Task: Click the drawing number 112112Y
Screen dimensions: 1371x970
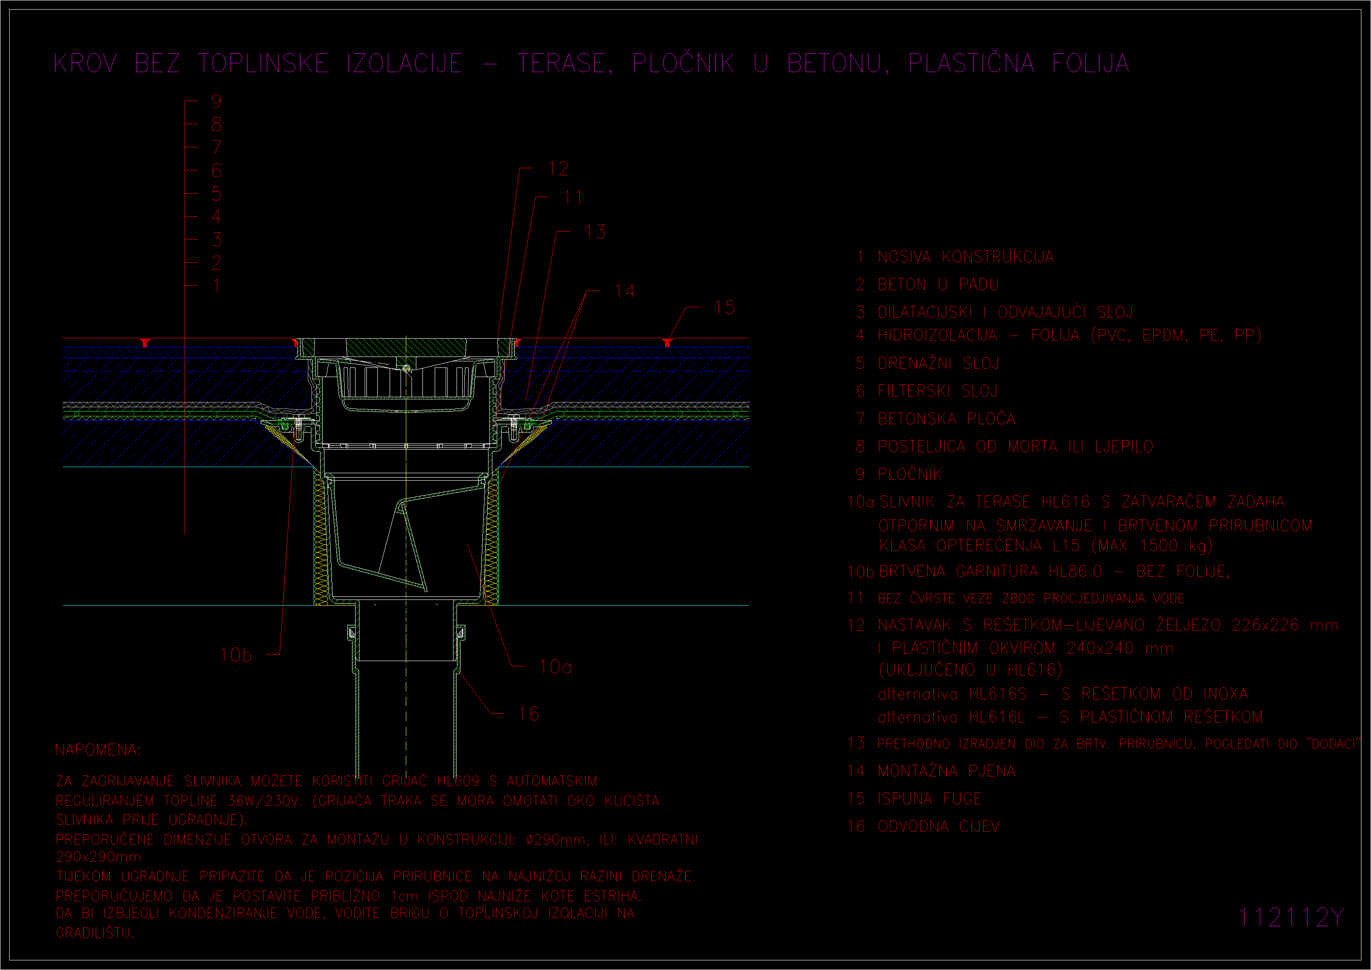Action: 1291,917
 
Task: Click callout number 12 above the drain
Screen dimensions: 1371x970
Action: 558,169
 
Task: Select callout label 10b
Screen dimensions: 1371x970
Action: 235,655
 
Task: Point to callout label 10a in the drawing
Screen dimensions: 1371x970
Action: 555,667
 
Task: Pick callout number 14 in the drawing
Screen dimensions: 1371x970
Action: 624,291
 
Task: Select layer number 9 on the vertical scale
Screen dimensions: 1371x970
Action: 216,101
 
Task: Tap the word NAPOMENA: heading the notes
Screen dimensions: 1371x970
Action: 98,750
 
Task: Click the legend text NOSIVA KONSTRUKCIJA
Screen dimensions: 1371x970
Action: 965,257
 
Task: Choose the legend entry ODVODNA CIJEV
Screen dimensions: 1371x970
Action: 938,826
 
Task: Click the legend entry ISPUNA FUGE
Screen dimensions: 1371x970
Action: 929,799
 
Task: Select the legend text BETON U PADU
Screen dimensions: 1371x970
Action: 938,284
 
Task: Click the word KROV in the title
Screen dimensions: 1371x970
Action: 85,63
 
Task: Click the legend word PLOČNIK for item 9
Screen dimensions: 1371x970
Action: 910,474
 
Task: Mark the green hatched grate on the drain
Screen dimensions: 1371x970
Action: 406,347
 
